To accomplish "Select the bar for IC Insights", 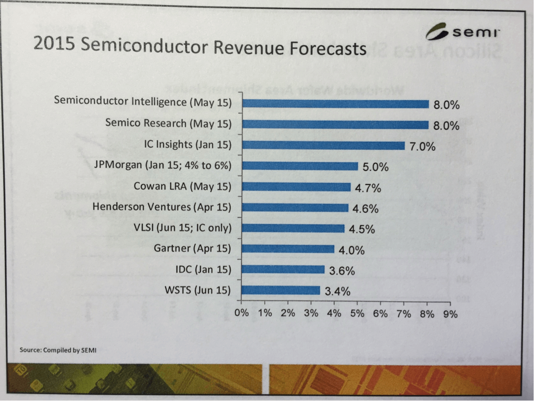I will tap(324, 146).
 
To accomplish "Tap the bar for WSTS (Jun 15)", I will tap(281, 291).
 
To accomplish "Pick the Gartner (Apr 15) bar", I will tap(289, 249).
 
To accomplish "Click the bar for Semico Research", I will tap(335, 124).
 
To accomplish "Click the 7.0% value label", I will tap(422, 146).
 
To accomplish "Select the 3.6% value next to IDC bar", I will tap(342, 270).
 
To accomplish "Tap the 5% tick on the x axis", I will tap(357, 314).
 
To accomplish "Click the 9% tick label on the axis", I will tap(450, 314).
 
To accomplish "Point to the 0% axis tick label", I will tap(242, 314).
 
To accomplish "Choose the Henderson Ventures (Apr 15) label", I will tap(162, 207).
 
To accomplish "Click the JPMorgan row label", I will tap(162, 165).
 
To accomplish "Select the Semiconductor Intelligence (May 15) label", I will tap(143, 102).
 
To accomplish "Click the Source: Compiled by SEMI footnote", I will tap(58, 350).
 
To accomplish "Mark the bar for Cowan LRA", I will tap(296, 187).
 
